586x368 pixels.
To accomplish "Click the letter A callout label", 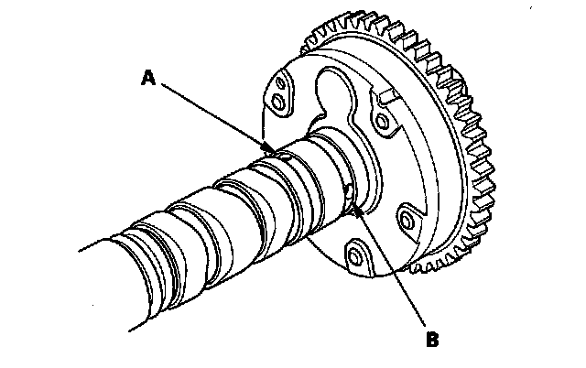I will (x=148, y=80).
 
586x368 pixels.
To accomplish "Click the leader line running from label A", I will (x=215, y=115).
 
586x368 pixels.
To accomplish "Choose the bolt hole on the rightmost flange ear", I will (x=404, y=219).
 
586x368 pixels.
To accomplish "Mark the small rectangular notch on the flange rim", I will (x=385, y=95).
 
